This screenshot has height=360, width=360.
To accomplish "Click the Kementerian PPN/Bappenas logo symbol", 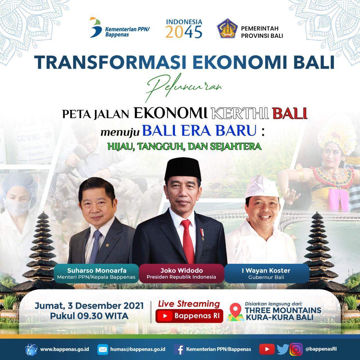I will coord(96,27).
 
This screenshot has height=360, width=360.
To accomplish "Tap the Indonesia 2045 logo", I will coord(184,28).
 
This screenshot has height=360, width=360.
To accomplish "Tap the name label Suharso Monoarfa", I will coord(97,271).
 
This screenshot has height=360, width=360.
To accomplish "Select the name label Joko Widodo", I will coord(181,271).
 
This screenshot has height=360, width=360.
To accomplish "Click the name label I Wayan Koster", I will coord(266,271).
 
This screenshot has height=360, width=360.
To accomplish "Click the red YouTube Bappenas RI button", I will coord(189,316).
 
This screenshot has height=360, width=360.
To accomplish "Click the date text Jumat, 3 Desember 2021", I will coord(89,306).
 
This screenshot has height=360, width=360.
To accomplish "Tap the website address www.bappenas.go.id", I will coord(65,349).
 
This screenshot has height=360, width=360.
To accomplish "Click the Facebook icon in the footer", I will coord(179,349).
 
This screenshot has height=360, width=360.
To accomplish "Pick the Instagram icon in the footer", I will coord(296,349).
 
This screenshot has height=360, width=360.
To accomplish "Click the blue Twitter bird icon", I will coord(282,349).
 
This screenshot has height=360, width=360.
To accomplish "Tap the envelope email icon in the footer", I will coord(103,349).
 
